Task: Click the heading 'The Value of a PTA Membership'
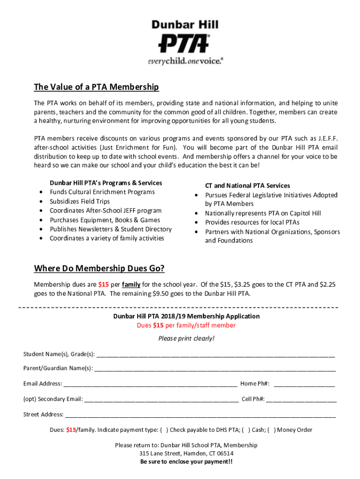tap(96, 87)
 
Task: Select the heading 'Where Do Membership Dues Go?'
tap(99, 269)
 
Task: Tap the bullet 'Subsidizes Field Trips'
tap(80, 202)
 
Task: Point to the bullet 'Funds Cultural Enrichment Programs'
tap(102, 192)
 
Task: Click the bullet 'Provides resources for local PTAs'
tap(252, 223)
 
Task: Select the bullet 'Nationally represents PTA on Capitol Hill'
tap(263, 213)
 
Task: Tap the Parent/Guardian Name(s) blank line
tap(215, 369)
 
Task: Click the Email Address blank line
tap(150, 384)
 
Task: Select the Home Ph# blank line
tap(304, 384)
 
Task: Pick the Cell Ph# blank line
tap(302, 399)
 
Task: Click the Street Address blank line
tap(200, 415)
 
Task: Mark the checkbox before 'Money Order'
tap(272, 430)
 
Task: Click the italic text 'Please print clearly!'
tap(186, 339)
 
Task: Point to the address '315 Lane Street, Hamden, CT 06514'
tap(186, 453)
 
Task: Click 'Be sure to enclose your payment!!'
tap(186, 462)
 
